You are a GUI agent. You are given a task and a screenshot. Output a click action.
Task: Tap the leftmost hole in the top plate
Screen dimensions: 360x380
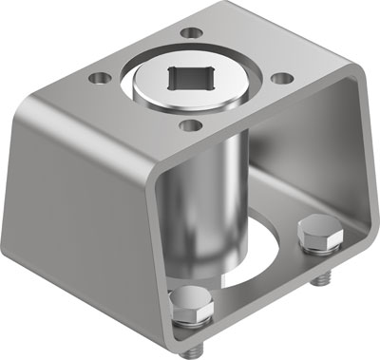tap(97, 73)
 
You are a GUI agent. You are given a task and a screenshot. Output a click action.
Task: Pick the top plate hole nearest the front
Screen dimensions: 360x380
tap(191, 123)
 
